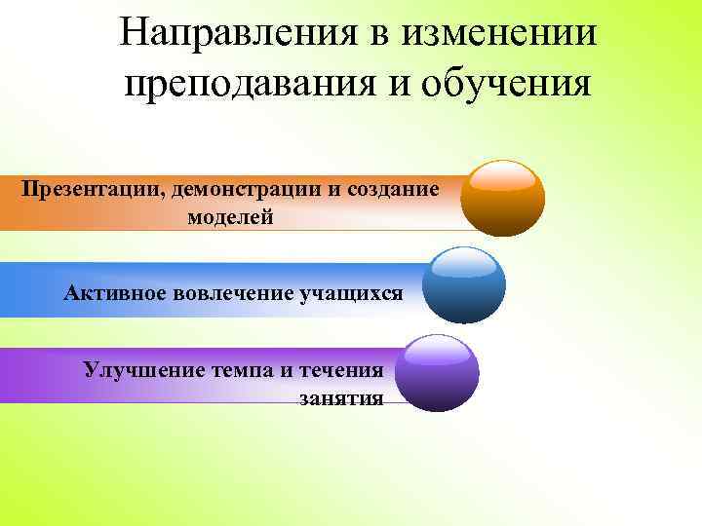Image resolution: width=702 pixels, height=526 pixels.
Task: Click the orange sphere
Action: [x=502, y=200]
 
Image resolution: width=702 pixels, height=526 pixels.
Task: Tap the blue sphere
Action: [x=468, y=284]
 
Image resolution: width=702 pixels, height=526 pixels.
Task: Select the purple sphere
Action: [x=440, y=372]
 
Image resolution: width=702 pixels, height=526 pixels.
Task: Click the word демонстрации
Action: [x=244, y=188]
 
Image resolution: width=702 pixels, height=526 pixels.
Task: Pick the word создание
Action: [x=390, y=188]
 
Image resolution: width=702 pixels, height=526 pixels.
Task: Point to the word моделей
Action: [x=231, y=217]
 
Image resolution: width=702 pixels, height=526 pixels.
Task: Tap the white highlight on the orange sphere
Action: [x=502, y=176]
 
